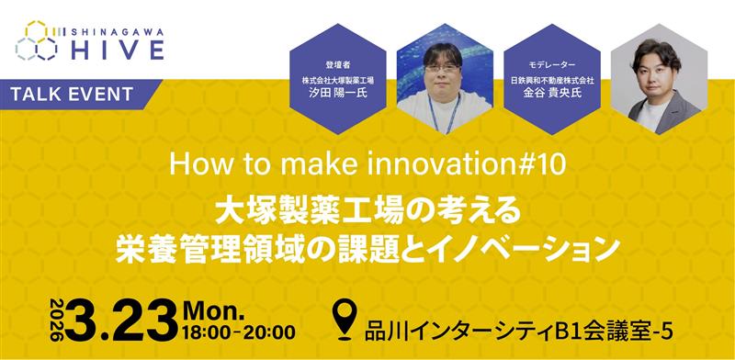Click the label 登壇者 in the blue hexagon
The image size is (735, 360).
pyautogui.click(x=339, y=66)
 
